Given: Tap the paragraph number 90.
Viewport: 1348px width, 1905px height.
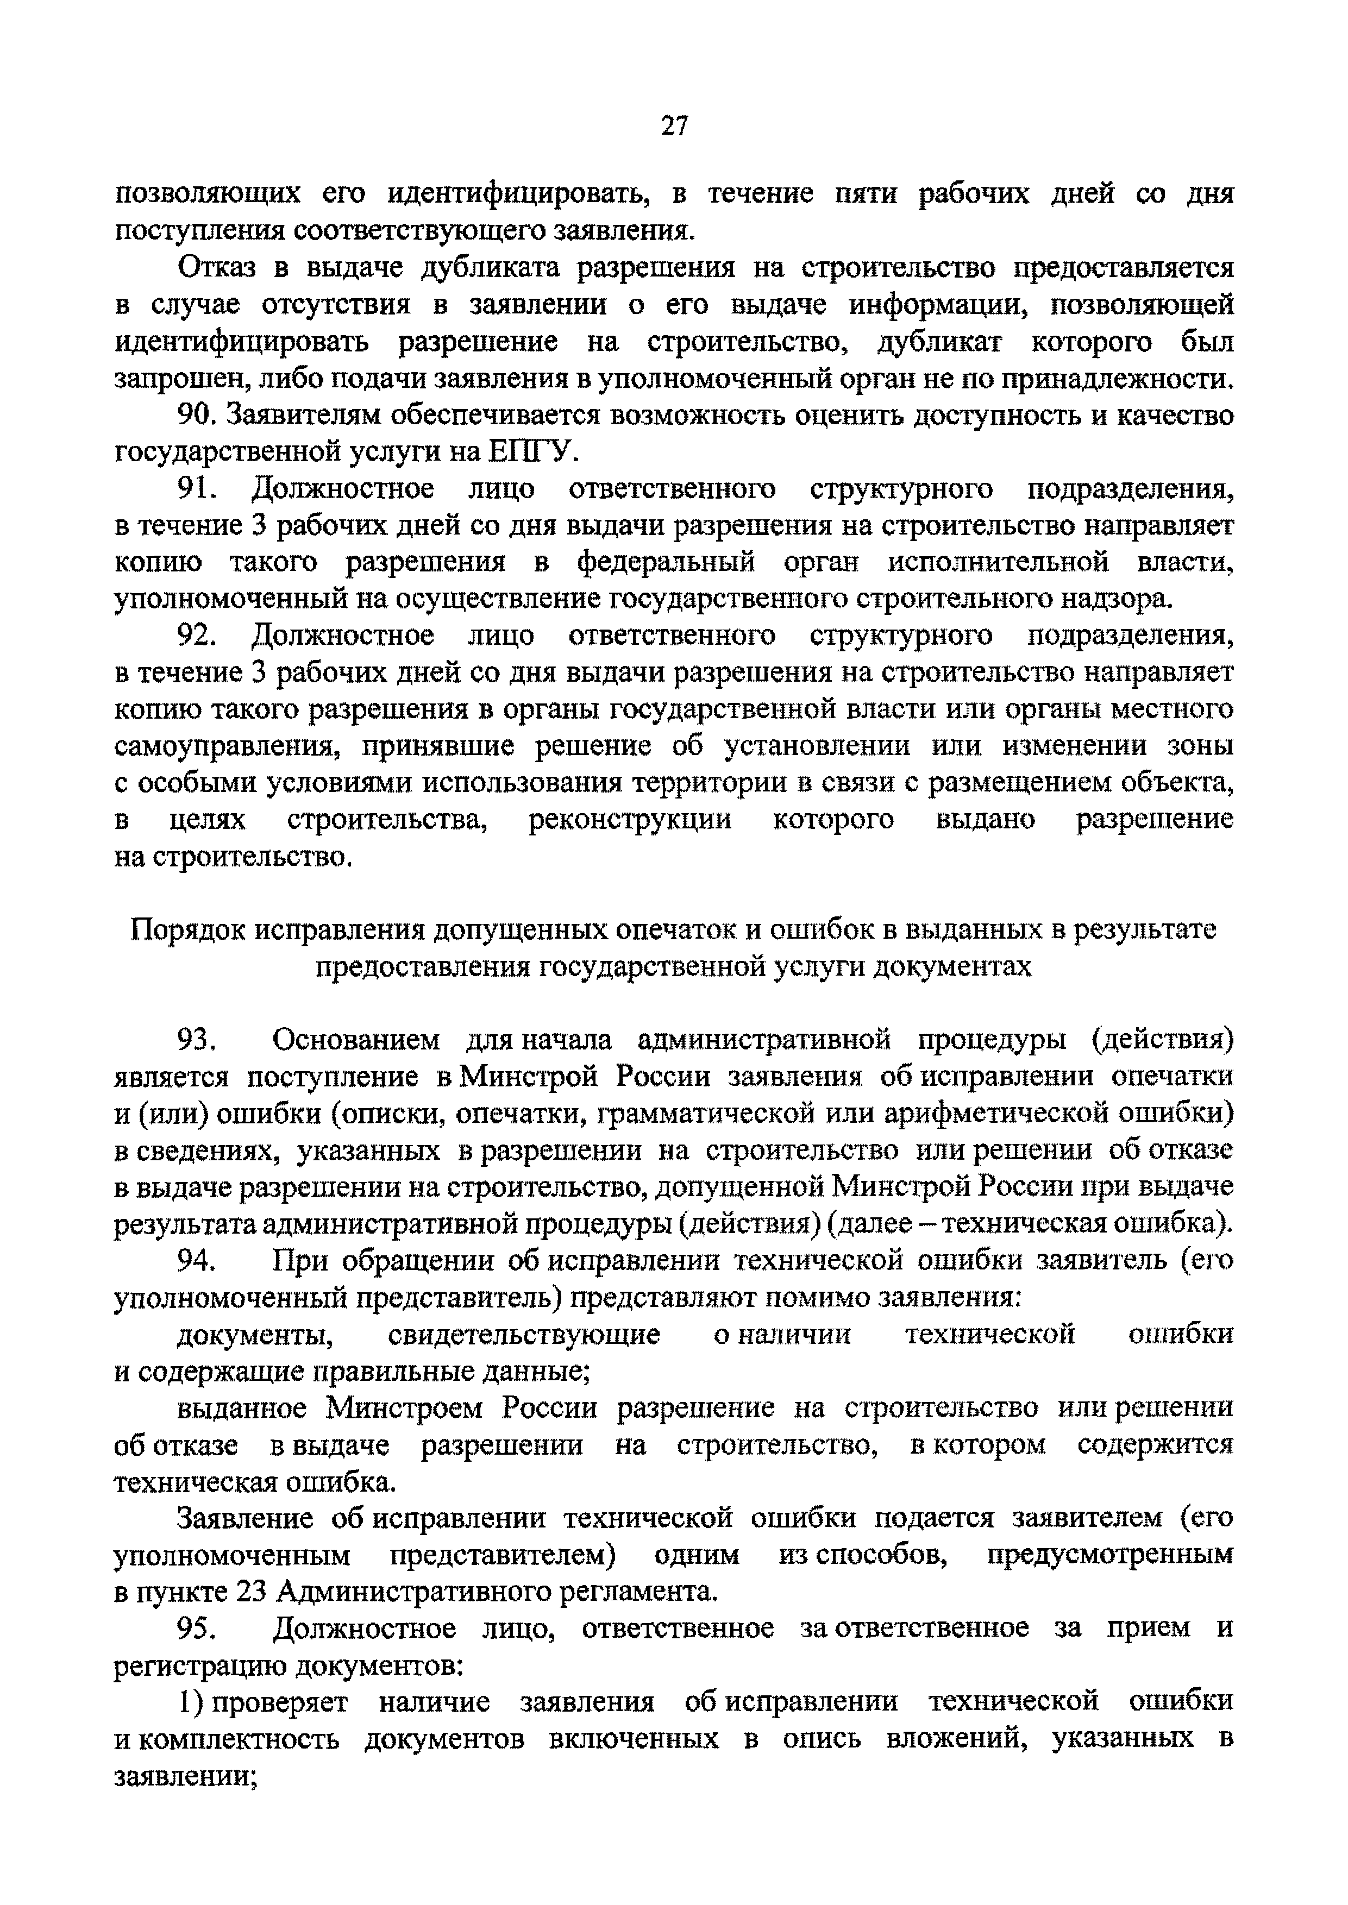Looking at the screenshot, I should pyautogui.click(x=198, y=415).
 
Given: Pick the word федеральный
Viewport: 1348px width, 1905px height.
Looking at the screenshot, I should pyautogui.click(x=667, y=563).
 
